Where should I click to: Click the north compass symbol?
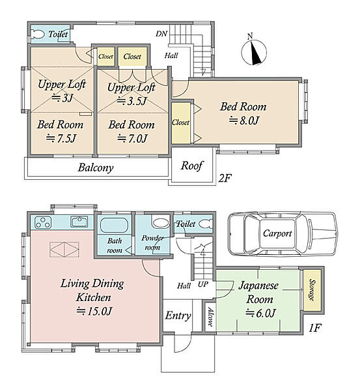coord(254,51)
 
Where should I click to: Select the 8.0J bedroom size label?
coord(243,121)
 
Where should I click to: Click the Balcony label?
coord(96,167)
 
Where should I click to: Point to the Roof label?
coord(191,166)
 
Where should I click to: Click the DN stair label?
coord(161,34)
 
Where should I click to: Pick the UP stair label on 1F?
coord(203,284)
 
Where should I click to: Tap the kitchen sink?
coord(79,222)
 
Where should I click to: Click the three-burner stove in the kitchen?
coord(44,222)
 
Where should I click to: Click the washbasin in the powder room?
coord(160,223)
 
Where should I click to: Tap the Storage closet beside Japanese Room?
coord(312,290)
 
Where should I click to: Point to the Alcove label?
coord(210,317)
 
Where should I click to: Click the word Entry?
coord(178,316)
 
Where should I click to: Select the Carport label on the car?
coord(277,234)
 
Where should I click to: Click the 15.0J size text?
coord(94,311)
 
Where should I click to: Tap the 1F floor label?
coord(315,328)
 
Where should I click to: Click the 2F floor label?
coord(225,178)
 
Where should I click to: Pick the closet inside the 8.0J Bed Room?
coord(181,123)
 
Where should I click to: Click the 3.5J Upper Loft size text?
coord(132,101)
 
